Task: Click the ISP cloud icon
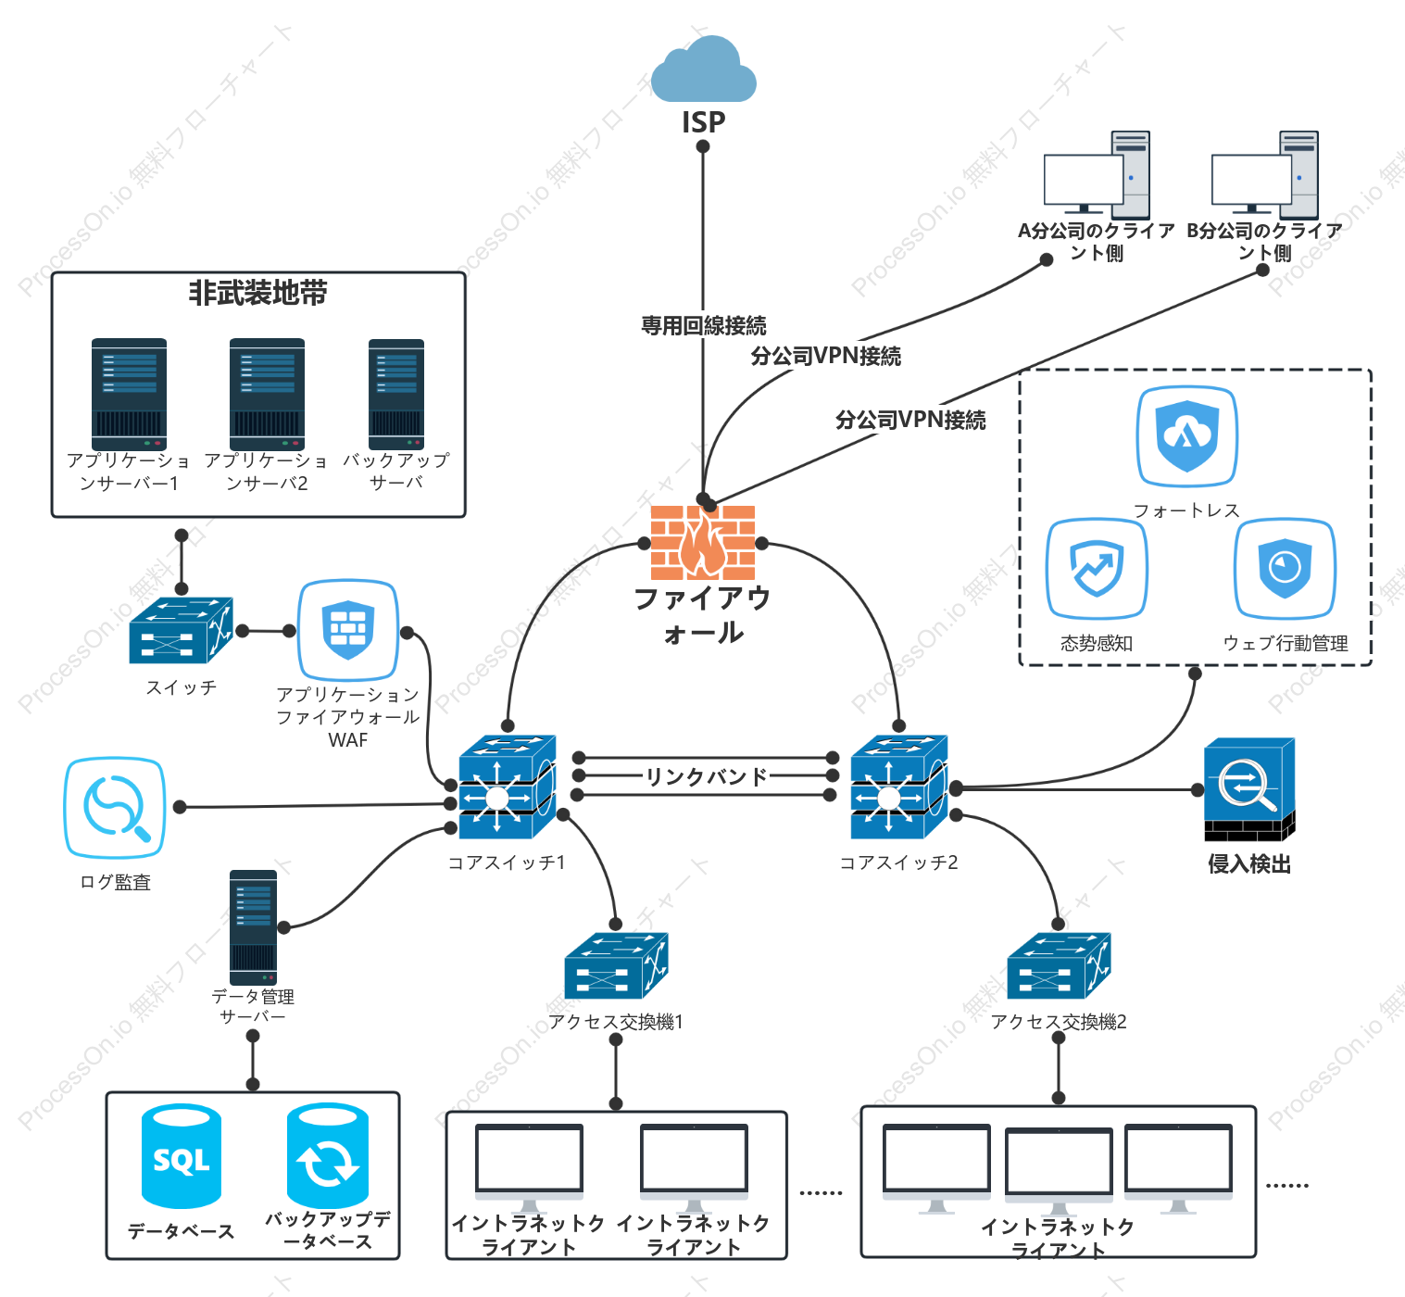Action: coord(703,69)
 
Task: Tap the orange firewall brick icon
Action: coord(702,542)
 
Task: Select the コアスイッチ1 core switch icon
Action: coord(507,787)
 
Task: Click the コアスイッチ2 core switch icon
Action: coord(898,787)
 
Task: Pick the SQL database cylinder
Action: coord(182,1155)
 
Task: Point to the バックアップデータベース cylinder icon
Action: coord(328,1155)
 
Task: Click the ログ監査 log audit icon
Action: coord(115,808)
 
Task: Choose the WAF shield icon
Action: coord(347,630)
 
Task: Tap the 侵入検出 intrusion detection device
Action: coord(1249,789)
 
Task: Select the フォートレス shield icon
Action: coord(1187,436)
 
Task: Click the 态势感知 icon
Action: coord(1097,569)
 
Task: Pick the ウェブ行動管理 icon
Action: coord(1285,569)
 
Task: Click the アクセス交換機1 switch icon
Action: coord(616,965)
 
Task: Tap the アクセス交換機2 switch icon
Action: coord(1059,965)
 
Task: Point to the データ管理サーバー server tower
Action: coord(253,927)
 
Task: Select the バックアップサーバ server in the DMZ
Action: coord(396,395)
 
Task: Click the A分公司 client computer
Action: coord(1097,174)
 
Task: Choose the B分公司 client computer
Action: coord(1264,174)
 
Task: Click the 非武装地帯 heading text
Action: coord(258,293)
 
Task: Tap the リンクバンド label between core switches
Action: coord(706,776)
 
